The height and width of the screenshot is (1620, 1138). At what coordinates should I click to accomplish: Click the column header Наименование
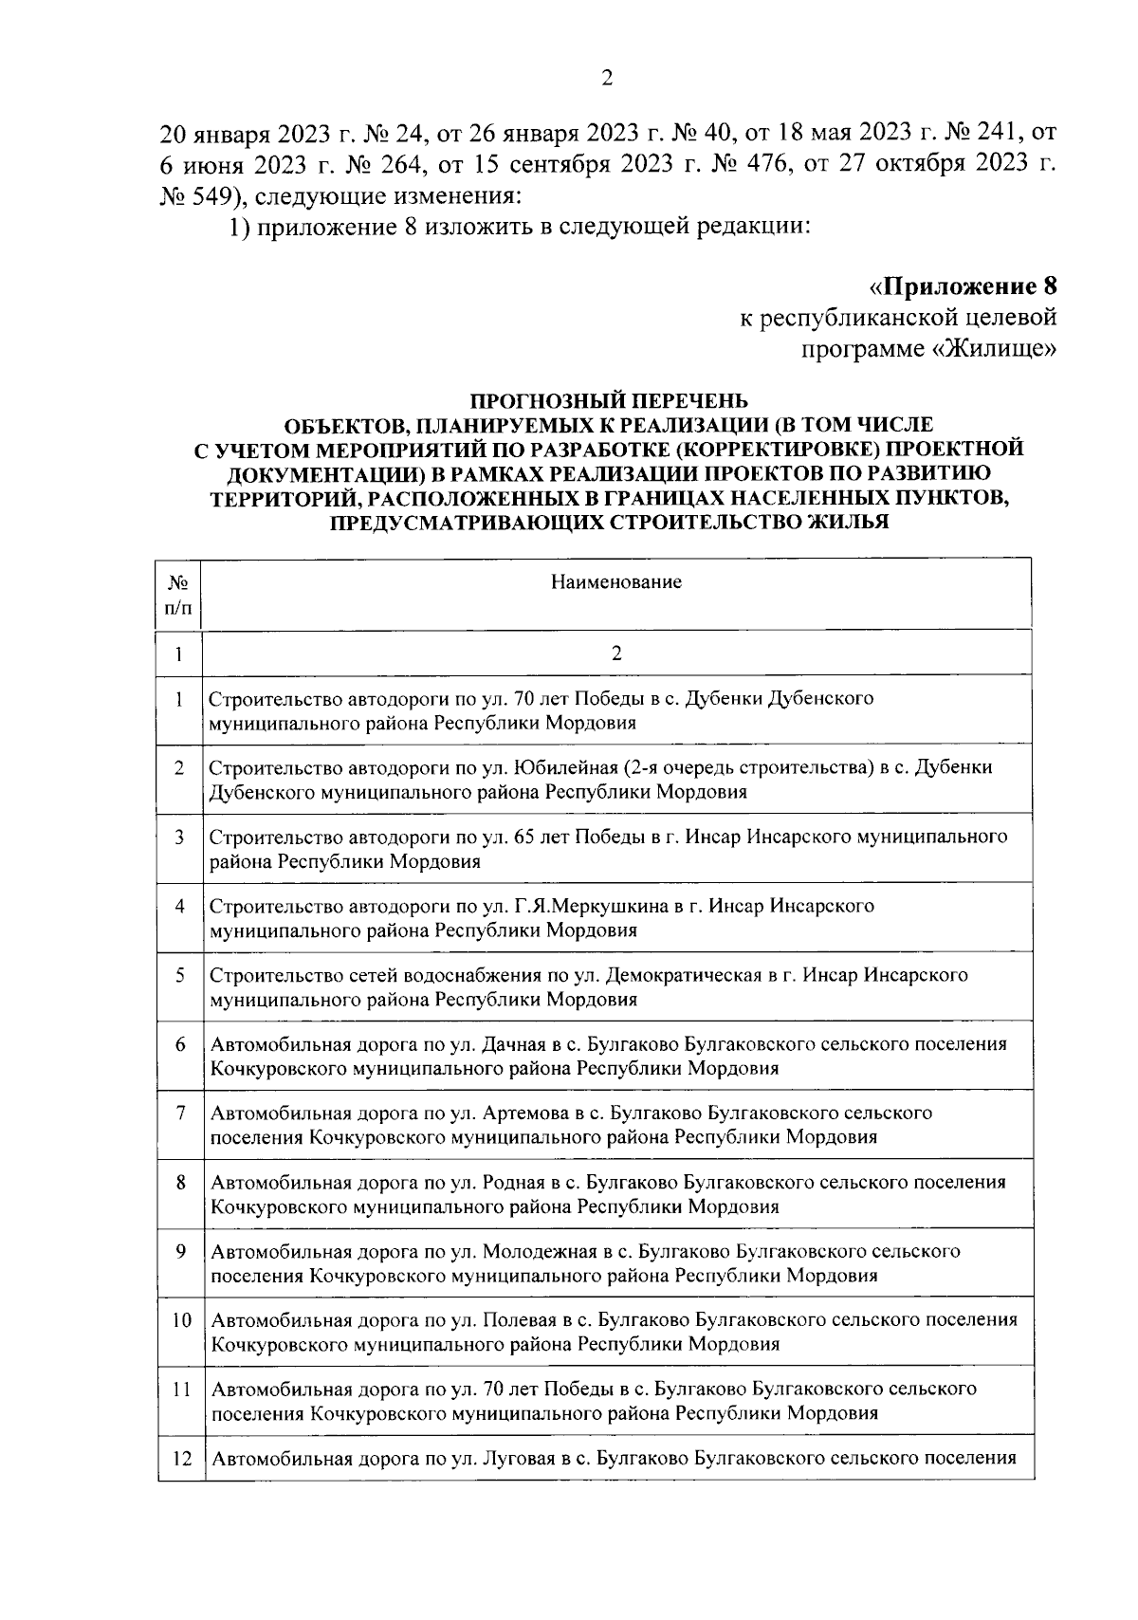(x=616, y=581)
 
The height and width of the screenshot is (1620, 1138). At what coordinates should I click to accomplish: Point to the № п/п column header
(x=178, y=595)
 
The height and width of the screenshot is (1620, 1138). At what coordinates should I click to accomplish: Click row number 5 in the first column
(x=178, y=975)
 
